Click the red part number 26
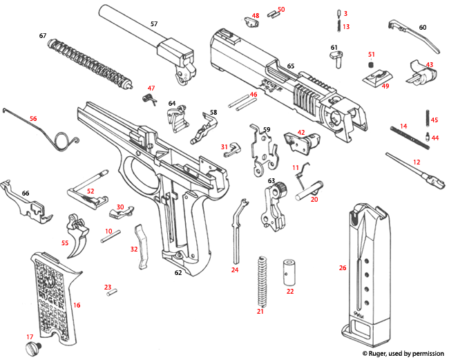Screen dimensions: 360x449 [x=342, y=267]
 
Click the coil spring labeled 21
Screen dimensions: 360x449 [x=261, y=280]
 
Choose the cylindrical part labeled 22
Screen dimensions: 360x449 [x=288, y=272]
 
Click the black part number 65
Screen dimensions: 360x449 [x=291, y=66]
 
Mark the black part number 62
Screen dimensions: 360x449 [x=178, y=273]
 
